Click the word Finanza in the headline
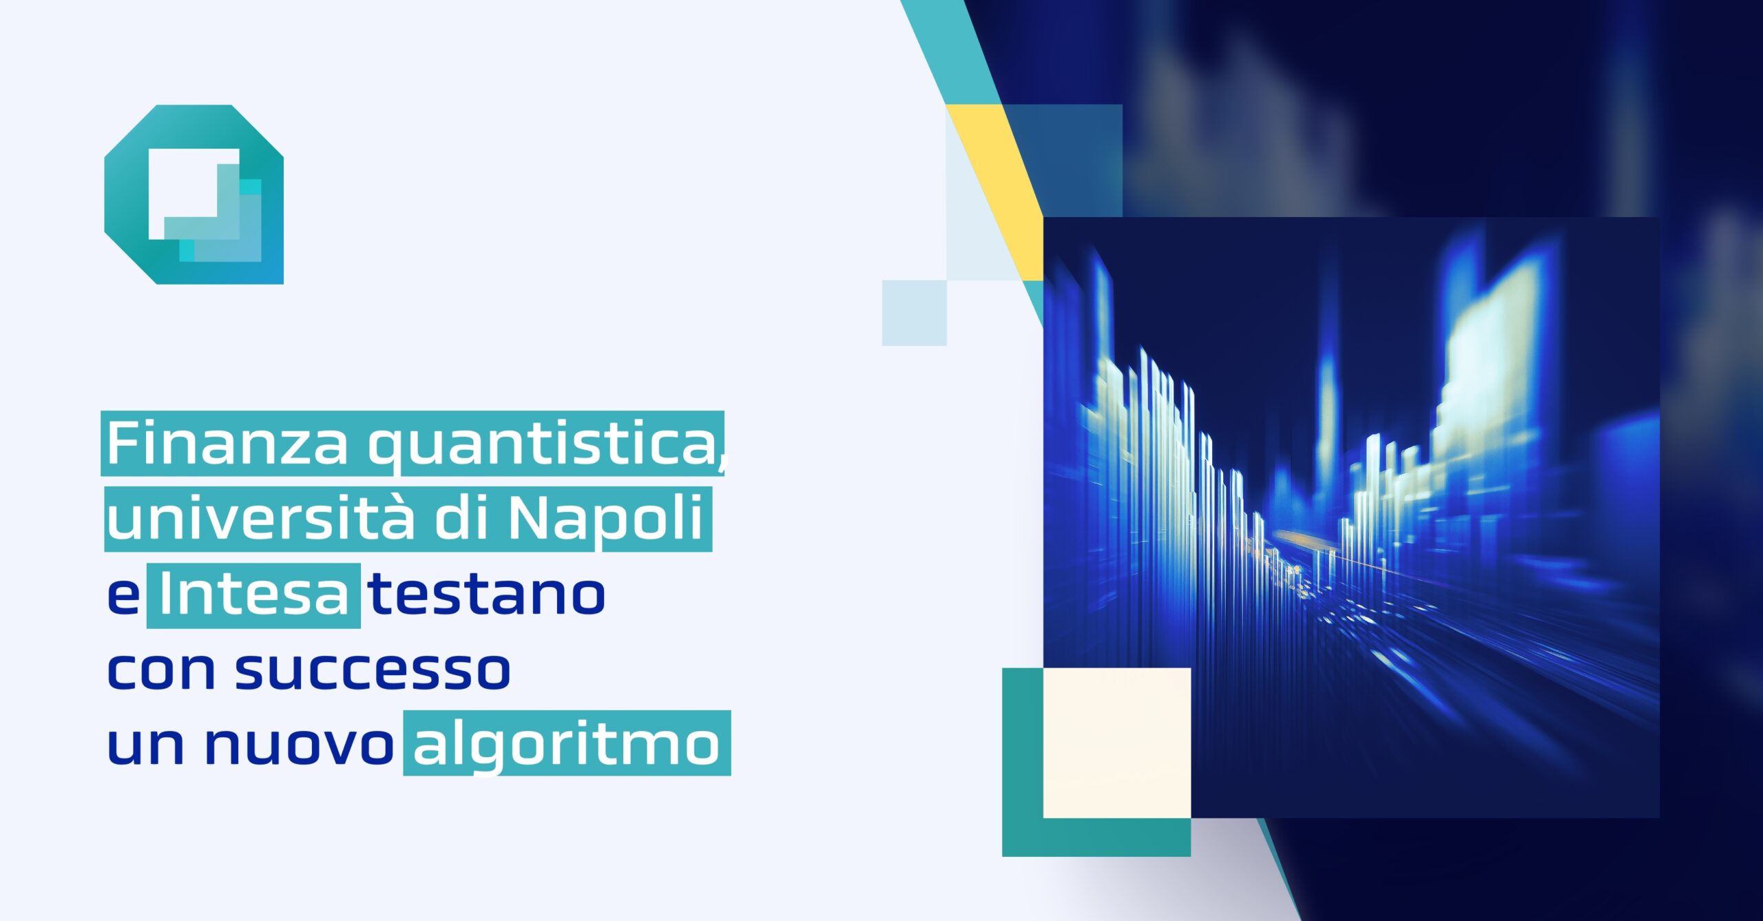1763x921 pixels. click(x=227, y=444)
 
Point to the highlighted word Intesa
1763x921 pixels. click(x=253, y=595)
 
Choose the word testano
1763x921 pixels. click(x=486, y=595)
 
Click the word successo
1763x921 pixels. click(x=373, y=670)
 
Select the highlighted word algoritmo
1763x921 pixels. click(x=566, y=746)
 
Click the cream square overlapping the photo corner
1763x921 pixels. click(x=1116, y=743)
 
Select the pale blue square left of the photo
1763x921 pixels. click(x=914, y=313)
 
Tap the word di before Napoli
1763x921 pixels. click(x=460, y=518)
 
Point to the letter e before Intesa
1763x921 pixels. click(x=124, y=597)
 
